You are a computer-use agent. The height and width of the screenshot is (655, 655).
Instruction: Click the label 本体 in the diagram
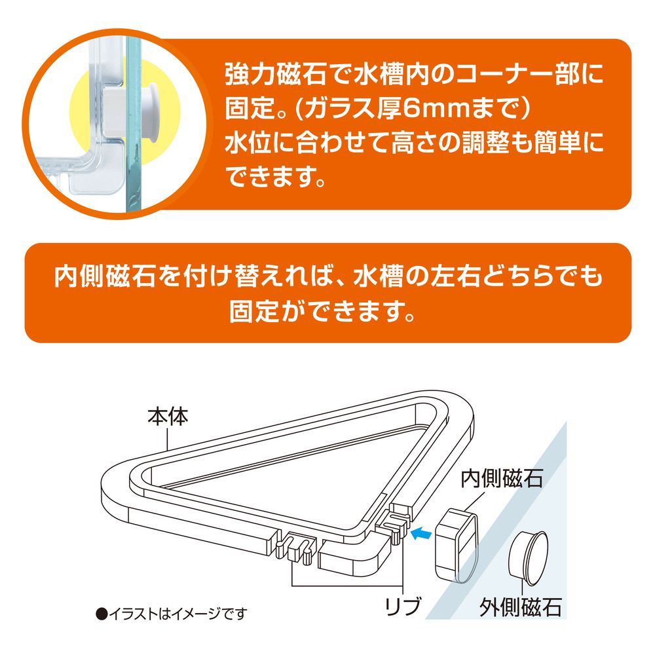[x=168, y=417]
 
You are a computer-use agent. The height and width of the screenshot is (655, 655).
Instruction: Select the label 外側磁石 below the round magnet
[x=521, y=608]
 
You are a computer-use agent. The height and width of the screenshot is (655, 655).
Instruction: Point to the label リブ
[x=403, y=607]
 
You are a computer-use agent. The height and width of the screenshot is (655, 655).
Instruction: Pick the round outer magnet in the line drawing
[x=528, y=559]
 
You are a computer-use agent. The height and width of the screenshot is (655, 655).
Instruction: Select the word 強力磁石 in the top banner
[x=276, y=74]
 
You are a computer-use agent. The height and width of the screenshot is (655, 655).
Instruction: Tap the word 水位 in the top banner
[x=250, y=143]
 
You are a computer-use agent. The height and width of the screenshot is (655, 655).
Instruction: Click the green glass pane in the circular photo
[x=132, y=125]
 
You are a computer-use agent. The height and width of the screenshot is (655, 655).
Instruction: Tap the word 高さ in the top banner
[x=415, y=143]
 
